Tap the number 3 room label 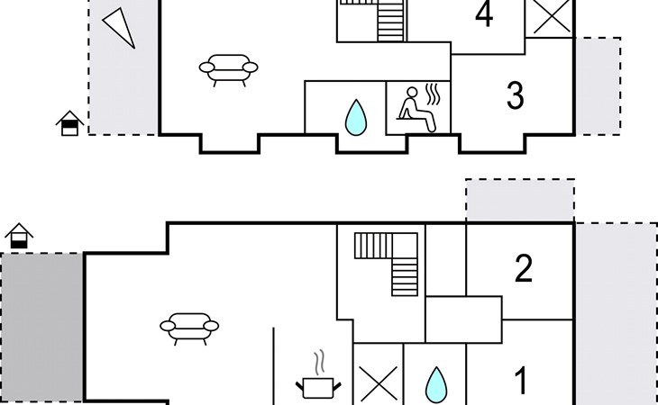point(515,95)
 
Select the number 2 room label point(524,269)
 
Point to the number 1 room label point(520,381)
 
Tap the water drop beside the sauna point(359,116)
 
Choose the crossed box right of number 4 point(549,16)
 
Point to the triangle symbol point(120,26)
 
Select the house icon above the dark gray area point(19,237)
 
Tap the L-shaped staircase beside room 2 point(390,261)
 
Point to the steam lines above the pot point(317,362)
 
